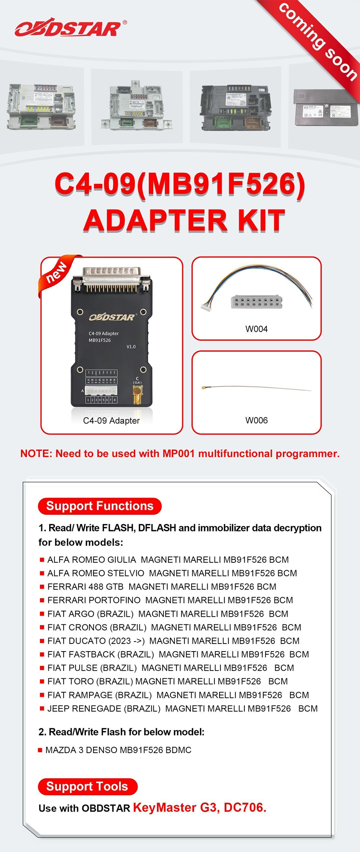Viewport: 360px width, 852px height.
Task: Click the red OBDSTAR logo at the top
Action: point(68,29)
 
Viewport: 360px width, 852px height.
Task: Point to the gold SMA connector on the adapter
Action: point(137,396)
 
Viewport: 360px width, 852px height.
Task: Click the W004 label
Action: point(256,329)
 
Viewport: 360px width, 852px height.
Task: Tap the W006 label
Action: point(256,420)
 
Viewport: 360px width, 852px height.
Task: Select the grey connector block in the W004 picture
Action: point(256,302)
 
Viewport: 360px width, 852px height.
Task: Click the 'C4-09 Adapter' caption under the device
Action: point(111,421)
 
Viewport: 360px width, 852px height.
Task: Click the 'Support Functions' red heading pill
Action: point(100,506)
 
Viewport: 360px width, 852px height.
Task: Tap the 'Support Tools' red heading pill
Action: point(87,787)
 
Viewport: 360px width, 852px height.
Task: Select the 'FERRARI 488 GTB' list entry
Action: point(85,587)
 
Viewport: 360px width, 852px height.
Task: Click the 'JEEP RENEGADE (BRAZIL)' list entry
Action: point(104,709)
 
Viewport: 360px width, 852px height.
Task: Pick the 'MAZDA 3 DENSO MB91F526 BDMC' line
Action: point(118,750)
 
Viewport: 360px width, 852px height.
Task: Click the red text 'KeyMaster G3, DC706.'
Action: point(199,808)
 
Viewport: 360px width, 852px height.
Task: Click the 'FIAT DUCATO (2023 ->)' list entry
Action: point(96,641)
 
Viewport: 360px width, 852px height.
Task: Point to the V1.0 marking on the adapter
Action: point(131,347)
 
